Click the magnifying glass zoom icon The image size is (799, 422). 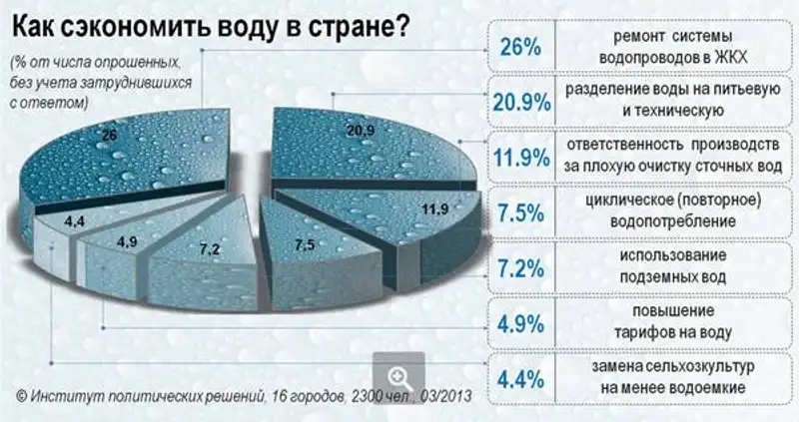coord(399,377)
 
